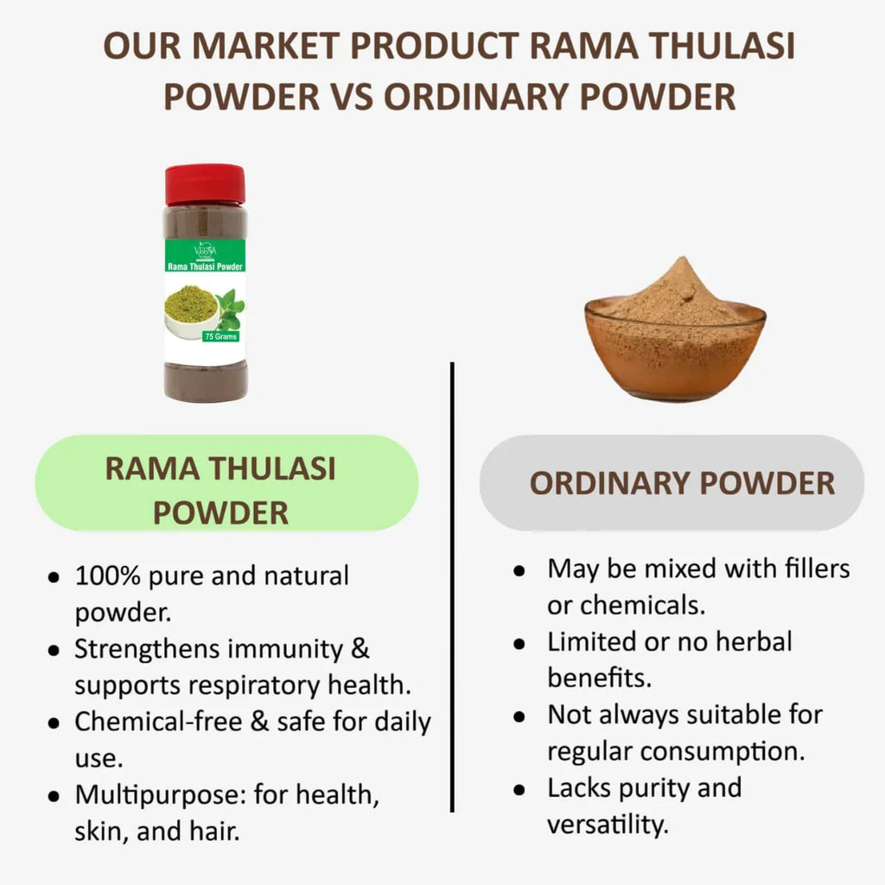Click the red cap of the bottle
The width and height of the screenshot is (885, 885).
pos(205,184)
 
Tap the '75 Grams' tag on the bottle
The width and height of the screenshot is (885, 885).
pos(220,336)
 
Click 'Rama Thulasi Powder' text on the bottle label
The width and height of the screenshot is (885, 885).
pos(205,266)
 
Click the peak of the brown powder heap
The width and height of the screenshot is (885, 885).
pos(684,260)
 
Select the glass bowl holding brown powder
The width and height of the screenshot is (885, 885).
pos(675,349)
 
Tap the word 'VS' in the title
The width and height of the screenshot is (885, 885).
pos(351,97)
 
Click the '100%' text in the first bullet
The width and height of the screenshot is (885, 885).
pos(107,576)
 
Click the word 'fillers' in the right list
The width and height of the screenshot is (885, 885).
pos(817,568)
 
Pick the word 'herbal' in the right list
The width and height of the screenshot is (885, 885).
pos(754,641)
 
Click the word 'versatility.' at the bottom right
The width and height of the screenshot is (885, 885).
pos(608,824)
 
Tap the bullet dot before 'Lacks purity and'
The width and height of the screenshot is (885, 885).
pos(519,789)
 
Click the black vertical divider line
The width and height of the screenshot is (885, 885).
pos(452,587)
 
